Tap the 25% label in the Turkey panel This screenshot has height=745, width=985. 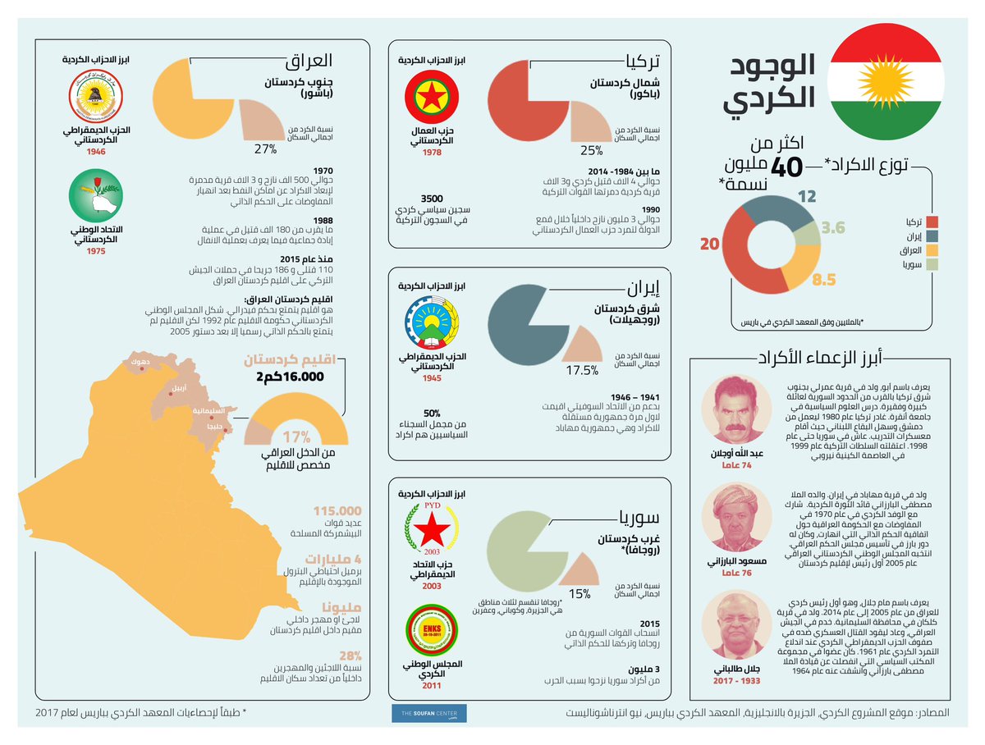click(591, 151)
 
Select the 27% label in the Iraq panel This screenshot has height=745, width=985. click(264, 149)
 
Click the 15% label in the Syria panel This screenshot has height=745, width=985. click(580, 594)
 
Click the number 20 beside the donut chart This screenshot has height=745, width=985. click(710, 245)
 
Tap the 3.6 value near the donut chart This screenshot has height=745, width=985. click(834, 228)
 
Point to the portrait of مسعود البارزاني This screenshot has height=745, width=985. click(731, 520)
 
